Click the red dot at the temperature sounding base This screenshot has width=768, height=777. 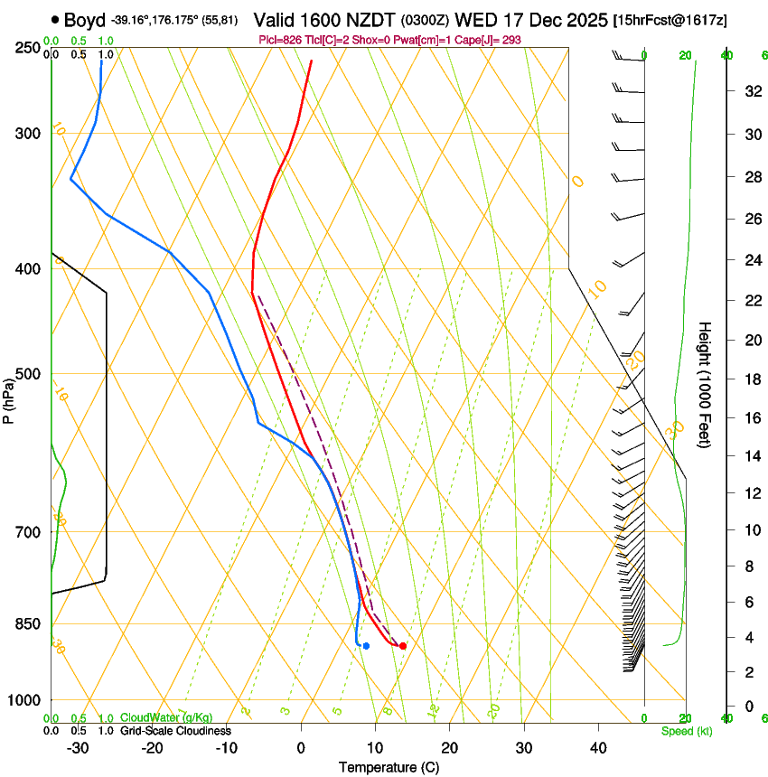(x=402, y=645)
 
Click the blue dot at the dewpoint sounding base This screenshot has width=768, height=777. (x=365, y=645)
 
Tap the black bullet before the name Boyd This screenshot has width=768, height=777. (x=56, y=19)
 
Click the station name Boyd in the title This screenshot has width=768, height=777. (x=85, y=19)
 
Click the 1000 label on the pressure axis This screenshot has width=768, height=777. (x=26, y=700)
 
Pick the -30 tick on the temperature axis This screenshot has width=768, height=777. (x=78, y=747)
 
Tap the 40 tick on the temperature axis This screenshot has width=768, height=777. (x=598, y=747)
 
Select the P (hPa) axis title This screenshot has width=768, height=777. (x=9, y=395)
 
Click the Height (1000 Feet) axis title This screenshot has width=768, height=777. (x=706, y=384)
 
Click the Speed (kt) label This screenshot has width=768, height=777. (x=686, y=731)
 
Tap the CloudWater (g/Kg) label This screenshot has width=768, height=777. (x=166, y=717)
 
